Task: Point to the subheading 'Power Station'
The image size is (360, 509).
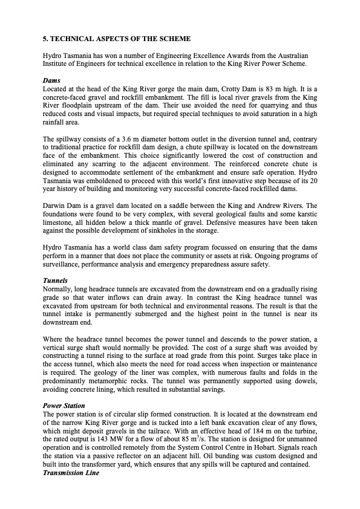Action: click(x=64, y=405)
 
